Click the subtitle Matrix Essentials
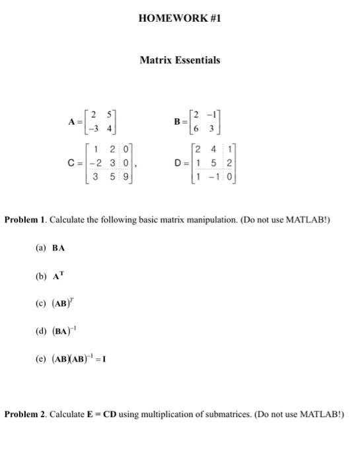click(180, 60)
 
